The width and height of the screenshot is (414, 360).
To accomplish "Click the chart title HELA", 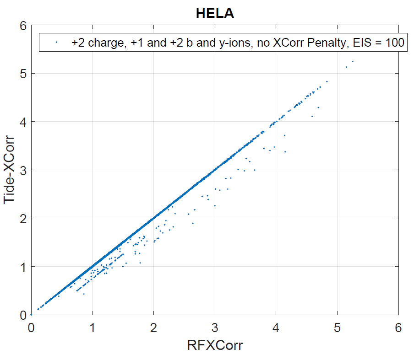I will pyautogui.click(x=215, y=14).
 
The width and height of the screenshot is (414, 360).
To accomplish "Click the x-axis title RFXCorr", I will pyautogui.click(x=215, y=345).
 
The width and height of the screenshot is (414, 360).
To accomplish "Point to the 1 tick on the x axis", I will pyautogui.click(x=93, y=328).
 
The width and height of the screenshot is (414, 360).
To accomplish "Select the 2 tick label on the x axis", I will pyautogui.click(x=154, y=328).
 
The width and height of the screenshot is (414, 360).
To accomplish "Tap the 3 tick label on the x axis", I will pyautogui.click(x=215, y=328).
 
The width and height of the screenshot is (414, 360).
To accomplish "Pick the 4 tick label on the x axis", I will pyautogui.click(x=276, y=328).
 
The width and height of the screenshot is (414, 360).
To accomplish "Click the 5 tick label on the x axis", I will pyautogui.click(x=338, y=328).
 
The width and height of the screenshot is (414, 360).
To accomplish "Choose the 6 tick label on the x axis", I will pyautogui.click(x=398, y=328).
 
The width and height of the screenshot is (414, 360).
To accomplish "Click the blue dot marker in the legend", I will pyautogui.click(x=56, y=43).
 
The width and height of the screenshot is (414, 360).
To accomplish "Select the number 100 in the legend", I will pyautogui.click(x=394, y=43).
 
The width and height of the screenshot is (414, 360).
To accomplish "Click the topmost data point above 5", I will pyautogui.click(x=353, y=61).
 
